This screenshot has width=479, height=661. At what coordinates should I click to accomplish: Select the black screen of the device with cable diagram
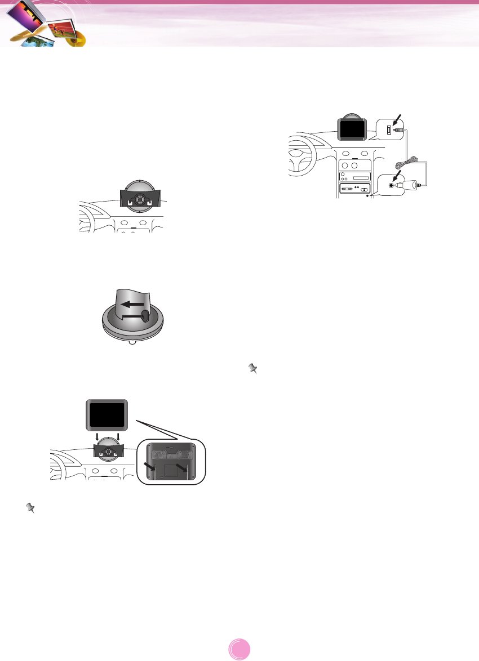pos(352,129)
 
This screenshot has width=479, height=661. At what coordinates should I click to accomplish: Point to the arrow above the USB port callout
pos(398,120)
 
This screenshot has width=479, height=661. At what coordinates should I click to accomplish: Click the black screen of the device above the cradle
pos(107,415)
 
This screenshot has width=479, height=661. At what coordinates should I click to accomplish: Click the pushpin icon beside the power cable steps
pos(253,369)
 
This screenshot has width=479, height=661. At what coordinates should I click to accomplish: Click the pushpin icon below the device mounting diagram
pos(32,508)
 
